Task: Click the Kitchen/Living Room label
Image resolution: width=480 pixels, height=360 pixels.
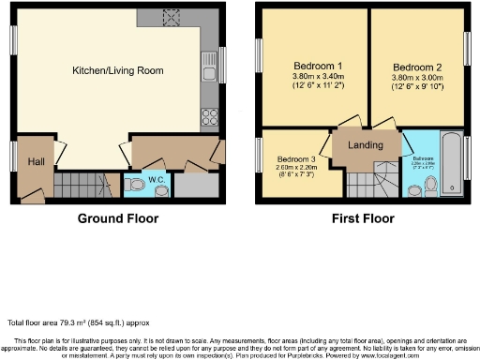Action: pyautogui.click(x=118, y=70)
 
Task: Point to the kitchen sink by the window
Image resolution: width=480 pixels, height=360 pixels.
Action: pyautogui.click(x=209, y=66)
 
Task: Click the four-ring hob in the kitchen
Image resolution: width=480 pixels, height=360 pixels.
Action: pyautogui.click(x=211, y=118)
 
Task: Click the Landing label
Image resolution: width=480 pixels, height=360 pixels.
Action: pyautogui.click(x=365, y=146)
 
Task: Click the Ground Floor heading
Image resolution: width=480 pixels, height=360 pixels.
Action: pyautogui.click(x=117, y=218)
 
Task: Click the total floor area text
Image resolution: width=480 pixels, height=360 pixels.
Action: pyautogui.click(x=78, y=322)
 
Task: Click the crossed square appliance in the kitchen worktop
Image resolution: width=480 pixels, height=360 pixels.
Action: pyautogui.click(x=172, y=14)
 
